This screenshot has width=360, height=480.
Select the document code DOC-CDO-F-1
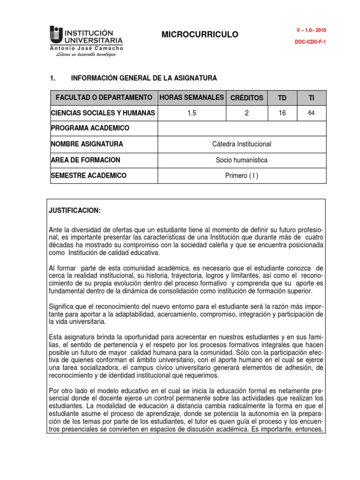point(310,42)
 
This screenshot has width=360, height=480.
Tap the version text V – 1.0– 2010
point(311,30)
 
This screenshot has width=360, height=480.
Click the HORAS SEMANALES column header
point(192,97)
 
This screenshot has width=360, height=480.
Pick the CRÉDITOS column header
point(247,98)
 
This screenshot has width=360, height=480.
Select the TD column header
point(282,98)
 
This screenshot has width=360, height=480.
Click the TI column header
point(311,98)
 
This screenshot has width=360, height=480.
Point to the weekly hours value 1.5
point(192,113)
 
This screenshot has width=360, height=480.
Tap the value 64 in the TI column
point(311,113)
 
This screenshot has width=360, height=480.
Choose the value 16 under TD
point(282,113)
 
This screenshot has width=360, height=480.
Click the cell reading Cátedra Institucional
point(241,144)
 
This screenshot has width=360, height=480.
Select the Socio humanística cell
point(241,160)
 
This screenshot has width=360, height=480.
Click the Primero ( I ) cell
point(241,176)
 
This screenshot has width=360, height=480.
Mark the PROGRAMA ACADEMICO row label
point(90,128)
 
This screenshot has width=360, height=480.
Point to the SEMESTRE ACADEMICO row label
point(89,175)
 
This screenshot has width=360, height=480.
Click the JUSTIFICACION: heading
point(75,211)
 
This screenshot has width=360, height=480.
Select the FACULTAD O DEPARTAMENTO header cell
point(104,97)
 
